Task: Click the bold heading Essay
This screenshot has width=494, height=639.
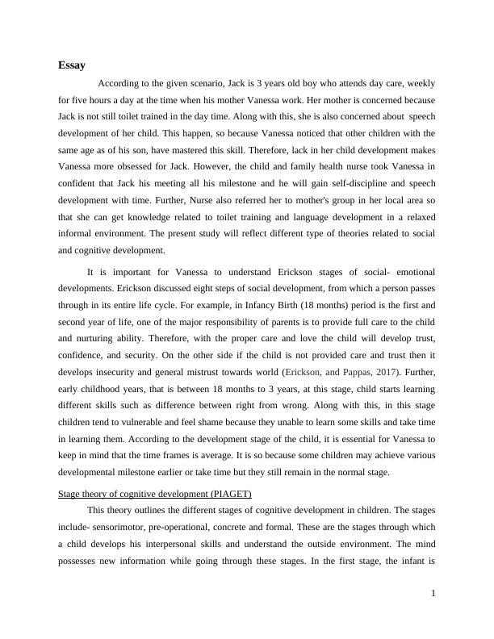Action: pos(72,65)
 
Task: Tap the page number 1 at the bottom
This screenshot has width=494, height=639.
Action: pos(433,594)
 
